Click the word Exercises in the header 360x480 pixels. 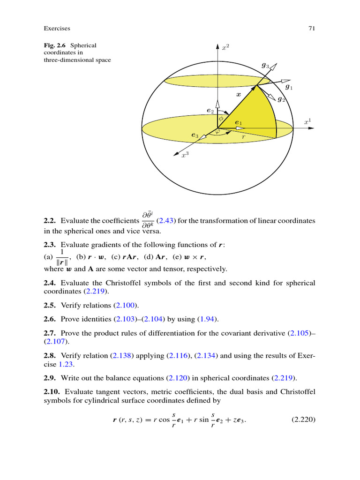pos(57,29)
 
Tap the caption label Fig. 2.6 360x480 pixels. pos(56,45)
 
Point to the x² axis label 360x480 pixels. pos(225,47)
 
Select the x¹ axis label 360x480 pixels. pos(307,122)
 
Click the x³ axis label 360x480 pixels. pos(185,155)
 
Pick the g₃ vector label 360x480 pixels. pos(265,66)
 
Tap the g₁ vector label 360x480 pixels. pos(289,87)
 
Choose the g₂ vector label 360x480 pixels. pos(281,99)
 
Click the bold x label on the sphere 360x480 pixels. pos(238,95)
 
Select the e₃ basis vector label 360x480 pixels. pos(195,135)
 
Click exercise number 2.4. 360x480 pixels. pos(50,284)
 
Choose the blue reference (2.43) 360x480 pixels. pos(165,221)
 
